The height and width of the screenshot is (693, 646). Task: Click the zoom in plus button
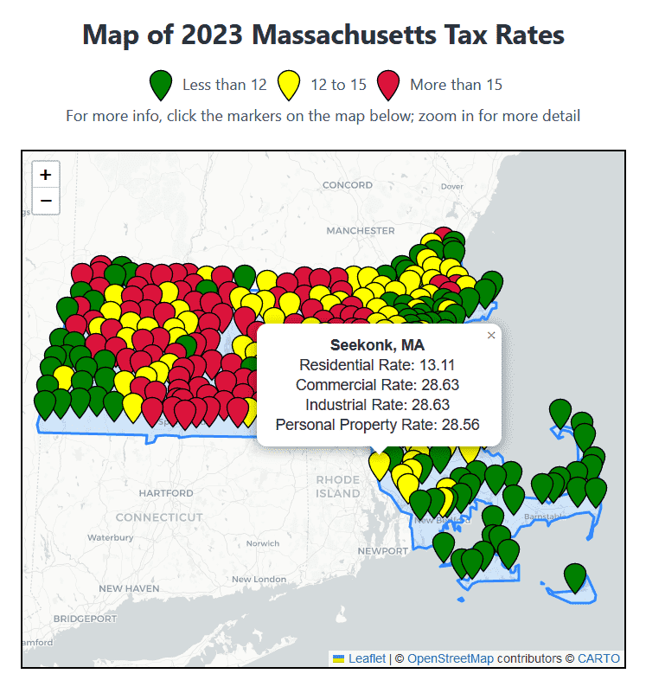coord(46,175)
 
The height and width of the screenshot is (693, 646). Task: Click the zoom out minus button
coord(46,201)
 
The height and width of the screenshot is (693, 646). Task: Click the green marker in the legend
coord(161,86)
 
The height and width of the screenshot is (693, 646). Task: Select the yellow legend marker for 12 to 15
coord(288,86)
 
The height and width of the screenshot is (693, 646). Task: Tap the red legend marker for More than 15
coord(388,86)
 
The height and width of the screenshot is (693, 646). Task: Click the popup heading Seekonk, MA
coord(377,345)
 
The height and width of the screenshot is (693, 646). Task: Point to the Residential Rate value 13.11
coord(437,365)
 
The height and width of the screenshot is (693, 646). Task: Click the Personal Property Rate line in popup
coord(377,424)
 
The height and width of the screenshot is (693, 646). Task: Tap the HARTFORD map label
coord(166,493)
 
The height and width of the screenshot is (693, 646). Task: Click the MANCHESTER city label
coord(361,231)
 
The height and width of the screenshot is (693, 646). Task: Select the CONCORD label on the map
coord(347,185)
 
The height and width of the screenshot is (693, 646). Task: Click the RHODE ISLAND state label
coord(337,486)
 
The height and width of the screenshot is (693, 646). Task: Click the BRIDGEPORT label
coord(85,619)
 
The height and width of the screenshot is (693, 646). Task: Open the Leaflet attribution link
coord(367,658)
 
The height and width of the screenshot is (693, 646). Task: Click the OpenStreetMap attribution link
coord(450,658)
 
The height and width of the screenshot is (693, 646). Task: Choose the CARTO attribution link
coord(598,658)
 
